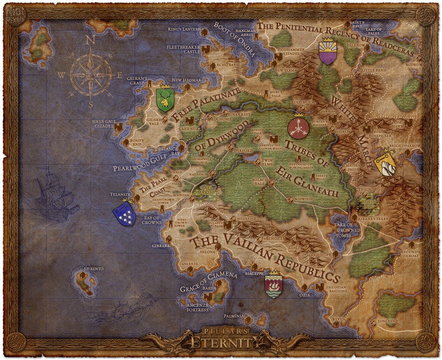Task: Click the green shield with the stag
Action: pos(164,98)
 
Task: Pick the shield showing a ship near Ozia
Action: pos(273,285)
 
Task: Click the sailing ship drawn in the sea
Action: pos(53,192)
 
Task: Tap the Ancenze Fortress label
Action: pos(197,307)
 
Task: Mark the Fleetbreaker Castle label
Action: pos(184,48)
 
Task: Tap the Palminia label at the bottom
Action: pos(233,316)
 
